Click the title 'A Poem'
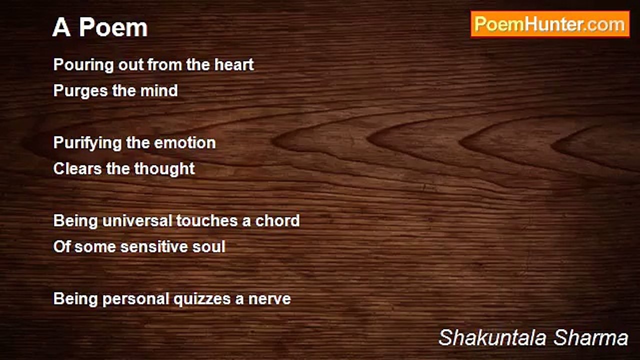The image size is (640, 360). click(x=100, y=27)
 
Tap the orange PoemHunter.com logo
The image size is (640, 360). click(x=550, y=24)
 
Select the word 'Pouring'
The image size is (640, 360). click(x=84, y=65)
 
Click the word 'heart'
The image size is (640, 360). click(x=234, y=64)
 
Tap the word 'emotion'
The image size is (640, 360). click(x=185, y=143)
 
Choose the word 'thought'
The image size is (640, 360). click(x=164, y=169)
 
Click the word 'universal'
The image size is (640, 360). click(x=137, y=221)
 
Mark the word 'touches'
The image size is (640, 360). click(x=207, y=221)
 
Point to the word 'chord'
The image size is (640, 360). click(x=277, y=221)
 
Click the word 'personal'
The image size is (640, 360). click(x=136, y=299)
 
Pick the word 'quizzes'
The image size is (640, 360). click(x=202, y=299)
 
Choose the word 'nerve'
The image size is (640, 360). click(x=269, y=299)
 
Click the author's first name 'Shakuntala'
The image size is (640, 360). click(x=492, y=338)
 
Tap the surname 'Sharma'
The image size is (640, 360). click(x=591, y=338)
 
